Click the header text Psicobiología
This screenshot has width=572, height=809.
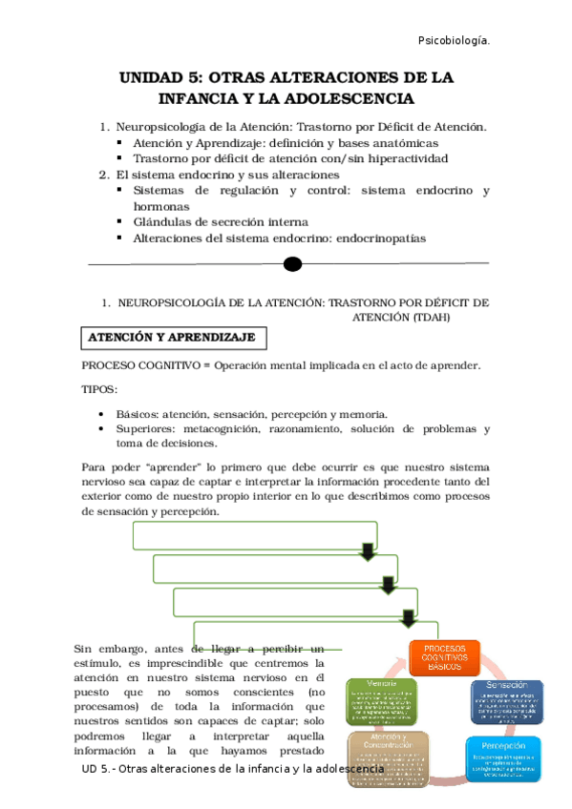point(455,41)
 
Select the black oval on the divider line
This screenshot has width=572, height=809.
point(293,264)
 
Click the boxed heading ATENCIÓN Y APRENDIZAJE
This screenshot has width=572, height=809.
point(172,338)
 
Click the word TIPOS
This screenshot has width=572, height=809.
point(99,389)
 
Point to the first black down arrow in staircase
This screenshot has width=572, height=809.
point(367,553)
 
